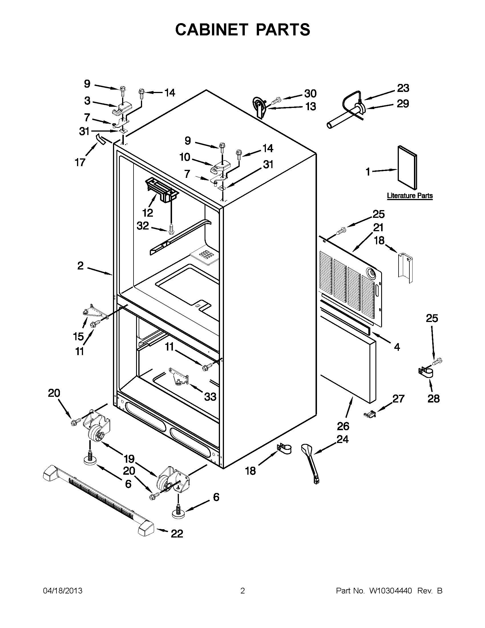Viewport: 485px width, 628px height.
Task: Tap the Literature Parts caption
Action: click(x=409, y=196)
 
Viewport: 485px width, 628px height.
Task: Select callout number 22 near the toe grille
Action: click(x=177, y=534)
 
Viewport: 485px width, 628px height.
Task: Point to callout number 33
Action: click(x=210, y=397)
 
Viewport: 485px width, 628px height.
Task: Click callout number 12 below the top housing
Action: click(x=148, y=213)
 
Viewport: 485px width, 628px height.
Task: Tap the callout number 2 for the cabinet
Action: click(x=80, y=265)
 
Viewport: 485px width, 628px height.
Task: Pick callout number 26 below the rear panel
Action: click(x=343, y=426)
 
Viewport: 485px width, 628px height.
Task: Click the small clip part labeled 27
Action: click(x=369, y=414)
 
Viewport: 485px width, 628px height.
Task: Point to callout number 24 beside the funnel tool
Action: click(x=342, y=439)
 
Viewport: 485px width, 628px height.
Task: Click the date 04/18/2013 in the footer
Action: click(x=63, y=591)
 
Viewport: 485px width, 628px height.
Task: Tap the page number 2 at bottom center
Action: click(x=242, y=591)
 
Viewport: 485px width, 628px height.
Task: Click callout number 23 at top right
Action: click(x=403, y=88)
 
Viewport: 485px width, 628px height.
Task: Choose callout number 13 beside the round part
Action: click(x=310, y=106)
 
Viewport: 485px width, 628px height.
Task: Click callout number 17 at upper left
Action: click(x=80, y=162)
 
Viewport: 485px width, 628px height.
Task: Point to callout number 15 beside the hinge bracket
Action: click(x=78, y=337)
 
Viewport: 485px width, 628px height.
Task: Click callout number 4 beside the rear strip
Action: click(x=397, y=347)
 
